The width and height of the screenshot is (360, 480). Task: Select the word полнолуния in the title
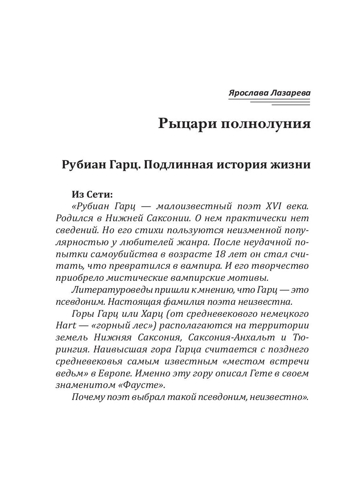coord(264,124)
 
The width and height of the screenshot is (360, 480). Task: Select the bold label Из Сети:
coord(92,194)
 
